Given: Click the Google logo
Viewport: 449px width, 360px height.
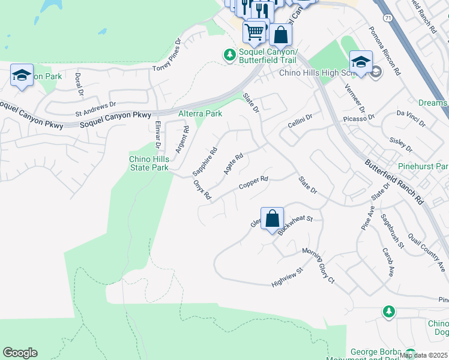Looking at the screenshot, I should (20, 353).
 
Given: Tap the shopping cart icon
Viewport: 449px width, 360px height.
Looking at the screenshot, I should (255, 31).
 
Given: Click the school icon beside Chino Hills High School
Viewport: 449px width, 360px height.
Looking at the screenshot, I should (361, 62).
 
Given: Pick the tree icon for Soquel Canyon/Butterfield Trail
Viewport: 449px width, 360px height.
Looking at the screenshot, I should (229, 55).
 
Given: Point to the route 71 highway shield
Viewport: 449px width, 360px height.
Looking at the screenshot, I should (388, 19).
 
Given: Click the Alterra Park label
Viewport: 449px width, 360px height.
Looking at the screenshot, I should (200, 113).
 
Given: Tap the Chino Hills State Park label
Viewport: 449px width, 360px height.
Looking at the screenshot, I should (149, 163).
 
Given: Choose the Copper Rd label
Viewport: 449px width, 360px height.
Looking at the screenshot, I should (253, 181).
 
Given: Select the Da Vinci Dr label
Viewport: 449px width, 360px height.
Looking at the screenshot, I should (410, 118).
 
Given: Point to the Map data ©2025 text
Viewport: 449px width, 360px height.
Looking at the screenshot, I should (423, 355).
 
